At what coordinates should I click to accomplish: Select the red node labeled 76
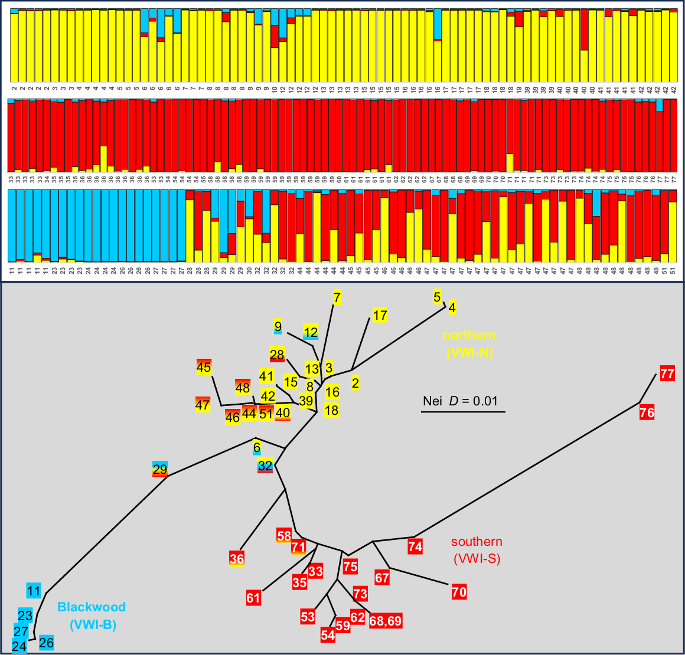point(647,412)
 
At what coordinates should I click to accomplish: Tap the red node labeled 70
point(459,591)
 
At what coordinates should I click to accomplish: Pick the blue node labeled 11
point(34,591)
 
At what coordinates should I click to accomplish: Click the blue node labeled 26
point(47,643)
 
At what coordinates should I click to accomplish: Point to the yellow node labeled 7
point(337,297)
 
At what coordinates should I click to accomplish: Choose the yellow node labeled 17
point(380,315)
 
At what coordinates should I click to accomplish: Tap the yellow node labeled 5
point(437,297)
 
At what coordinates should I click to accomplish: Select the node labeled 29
point(160,469)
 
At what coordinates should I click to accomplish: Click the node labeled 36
point(237,558)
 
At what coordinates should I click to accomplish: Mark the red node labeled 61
point(253,598)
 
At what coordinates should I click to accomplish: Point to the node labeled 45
point(204,367)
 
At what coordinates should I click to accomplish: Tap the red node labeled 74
point(415,546)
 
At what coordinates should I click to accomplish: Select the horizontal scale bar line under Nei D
point(463,411)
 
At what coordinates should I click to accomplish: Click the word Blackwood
point(92,607)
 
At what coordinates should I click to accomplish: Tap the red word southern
point(477,542)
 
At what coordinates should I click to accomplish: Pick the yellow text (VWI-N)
point(469,353)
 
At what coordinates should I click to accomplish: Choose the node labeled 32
point(265,465)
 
